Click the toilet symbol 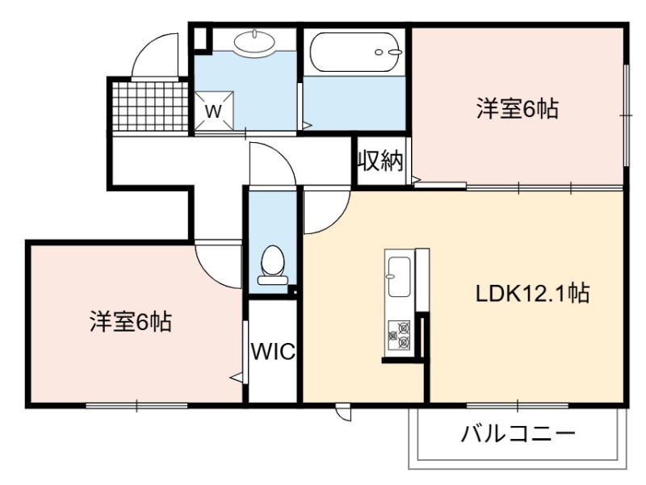coord(272,265)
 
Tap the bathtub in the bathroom coord(355,52)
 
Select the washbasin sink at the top coord(254,41)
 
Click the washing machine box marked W coord(214,111)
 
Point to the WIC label coord(273,351)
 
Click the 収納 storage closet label coord(380,160)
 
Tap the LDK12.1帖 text coord(532,294)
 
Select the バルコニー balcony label coord(518,433)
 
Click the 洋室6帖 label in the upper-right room coord(518,109)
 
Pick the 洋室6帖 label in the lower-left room coord(131,321)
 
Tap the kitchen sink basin coord(399,277)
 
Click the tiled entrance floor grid coord(150,106)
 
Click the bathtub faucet coord(388,52)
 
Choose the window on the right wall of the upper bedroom coord(626,115)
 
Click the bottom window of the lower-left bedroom coord(137,406)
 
